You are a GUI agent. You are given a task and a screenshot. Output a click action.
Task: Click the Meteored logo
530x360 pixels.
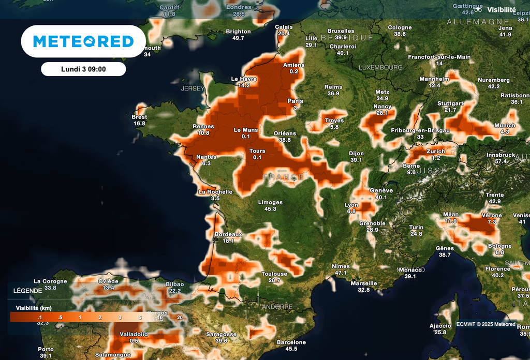[83, 41]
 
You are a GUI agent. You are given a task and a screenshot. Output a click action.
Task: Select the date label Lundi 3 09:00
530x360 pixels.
[83, 69]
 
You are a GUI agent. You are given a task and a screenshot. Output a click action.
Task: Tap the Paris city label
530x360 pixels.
[295, 101]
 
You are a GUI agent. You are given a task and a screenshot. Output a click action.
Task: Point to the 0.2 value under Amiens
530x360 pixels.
[294, 71]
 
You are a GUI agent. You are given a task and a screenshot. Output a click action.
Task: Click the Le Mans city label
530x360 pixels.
[245, 130]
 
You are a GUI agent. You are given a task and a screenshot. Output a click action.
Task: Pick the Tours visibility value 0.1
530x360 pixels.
[257, 157]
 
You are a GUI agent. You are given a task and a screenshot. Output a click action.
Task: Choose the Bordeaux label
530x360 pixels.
[228, 234]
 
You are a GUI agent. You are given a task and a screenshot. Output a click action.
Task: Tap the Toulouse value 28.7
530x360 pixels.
[274, 280]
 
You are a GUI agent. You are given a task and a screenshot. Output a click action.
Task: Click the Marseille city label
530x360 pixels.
[364, 283]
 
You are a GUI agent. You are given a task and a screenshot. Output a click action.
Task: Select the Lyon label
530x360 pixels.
[351, 205]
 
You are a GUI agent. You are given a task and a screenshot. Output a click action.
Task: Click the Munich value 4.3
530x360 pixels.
[505, 132]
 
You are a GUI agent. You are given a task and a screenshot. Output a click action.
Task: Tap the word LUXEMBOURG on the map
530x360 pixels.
[380, 68]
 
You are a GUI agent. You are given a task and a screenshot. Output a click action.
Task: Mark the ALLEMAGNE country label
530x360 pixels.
[478, 22]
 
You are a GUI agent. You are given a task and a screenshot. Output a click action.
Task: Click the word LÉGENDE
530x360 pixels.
[28, 291]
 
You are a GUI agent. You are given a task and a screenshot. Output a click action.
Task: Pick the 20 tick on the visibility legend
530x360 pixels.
[180, 317]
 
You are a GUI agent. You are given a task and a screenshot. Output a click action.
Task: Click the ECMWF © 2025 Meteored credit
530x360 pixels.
[485, 324]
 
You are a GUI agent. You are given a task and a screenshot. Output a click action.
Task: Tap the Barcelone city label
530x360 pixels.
[291, 342]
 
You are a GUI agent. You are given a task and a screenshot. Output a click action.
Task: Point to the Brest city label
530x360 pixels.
[139, 117]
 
